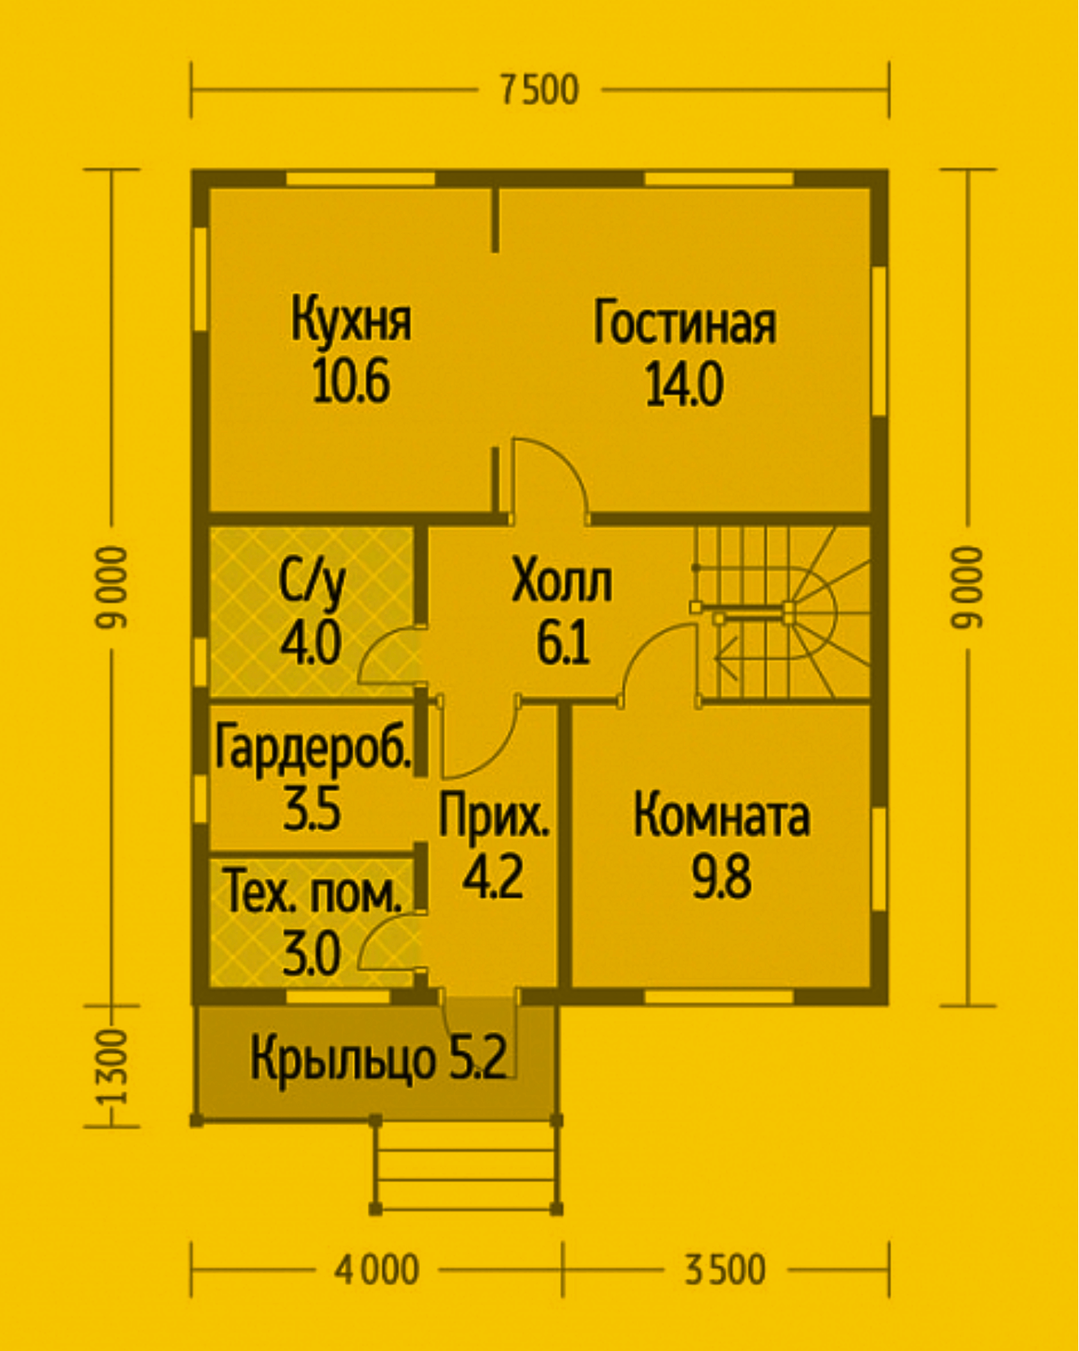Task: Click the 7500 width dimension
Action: click(539, 91)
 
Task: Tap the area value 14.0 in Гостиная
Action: click(684, 384)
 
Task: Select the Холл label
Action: click(562, 582)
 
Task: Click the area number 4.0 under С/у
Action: click(311, 643)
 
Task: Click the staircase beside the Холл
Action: click(781, 612)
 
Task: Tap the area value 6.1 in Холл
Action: click(562, 643)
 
